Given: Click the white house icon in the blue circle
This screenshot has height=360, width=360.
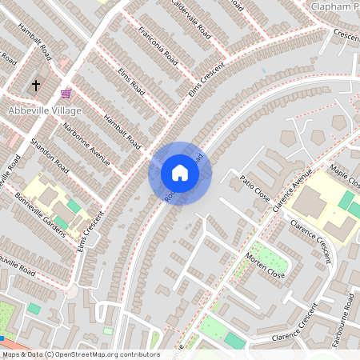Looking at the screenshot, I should [x=180, y=172].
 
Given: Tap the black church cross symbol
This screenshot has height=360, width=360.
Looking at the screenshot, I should [x=35, y=84].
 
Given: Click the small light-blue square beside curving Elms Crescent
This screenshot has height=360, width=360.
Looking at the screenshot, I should [x=262, y=70].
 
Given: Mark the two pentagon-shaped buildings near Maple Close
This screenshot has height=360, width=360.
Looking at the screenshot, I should [x=339, y=122].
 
